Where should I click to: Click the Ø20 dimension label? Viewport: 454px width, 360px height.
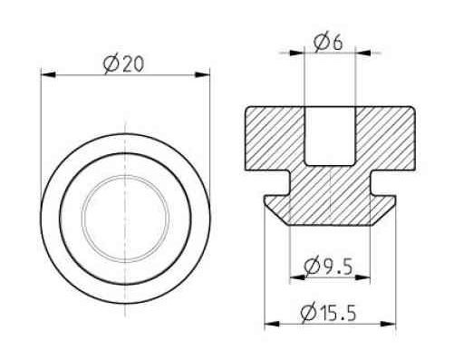[123, 64]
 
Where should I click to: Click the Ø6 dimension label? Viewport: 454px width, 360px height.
[328, 43]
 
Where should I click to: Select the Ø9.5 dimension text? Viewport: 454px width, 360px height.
[328, 267]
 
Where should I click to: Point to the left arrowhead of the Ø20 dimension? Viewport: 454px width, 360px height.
[48, 74]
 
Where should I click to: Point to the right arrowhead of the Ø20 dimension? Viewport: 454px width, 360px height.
[202, 74]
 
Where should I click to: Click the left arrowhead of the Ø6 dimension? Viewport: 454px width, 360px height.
[296, 53]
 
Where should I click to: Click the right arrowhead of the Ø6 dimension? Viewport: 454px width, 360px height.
[363, 53]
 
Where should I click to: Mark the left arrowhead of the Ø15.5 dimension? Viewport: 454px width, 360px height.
[272, 324]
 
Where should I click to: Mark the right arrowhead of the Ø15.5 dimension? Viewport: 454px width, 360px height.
[389, 324]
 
